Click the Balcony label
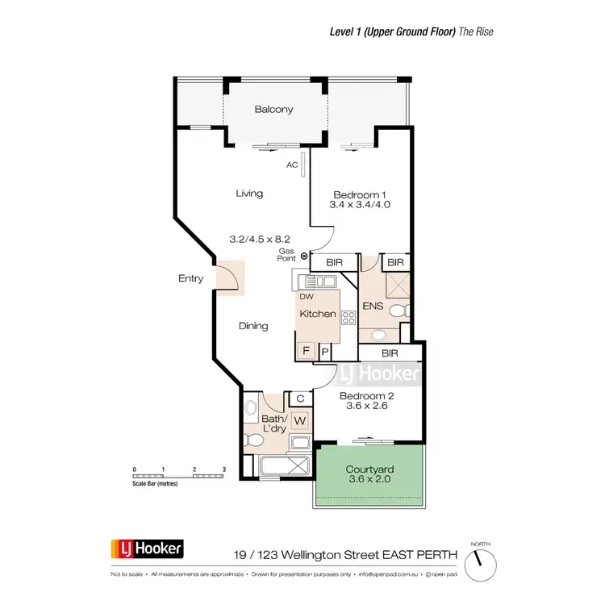(273, 110)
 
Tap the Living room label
(249, 194)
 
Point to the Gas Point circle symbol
(304, 257)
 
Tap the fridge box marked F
(307, 351)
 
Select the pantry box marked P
(325, 351)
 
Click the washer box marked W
(299, 420)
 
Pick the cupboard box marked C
(299, 398)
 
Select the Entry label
(190, 279)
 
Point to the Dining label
(253, 326)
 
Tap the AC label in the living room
(292, 165)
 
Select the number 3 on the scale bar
(224, 469)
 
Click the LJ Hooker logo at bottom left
(147, 550)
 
